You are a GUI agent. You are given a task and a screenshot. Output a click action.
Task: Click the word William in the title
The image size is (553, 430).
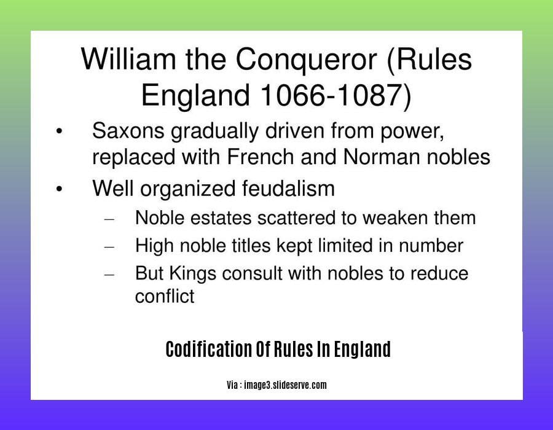[128, 59]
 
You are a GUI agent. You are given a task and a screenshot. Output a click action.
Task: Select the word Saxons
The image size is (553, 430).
[128, 131]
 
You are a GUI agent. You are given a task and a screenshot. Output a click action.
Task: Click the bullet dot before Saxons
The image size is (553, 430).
[59, 131]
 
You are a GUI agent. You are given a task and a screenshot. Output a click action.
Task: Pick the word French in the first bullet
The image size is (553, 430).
[261, 157]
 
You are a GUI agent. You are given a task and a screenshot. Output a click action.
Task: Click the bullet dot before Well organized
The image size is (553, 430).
[59, 189]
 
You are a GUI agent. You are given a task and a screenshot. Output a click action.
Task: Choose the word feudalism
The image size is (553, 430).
[288, 188]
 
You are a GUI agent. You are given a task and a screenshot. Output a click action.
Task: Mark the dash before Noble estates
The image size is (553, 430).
[109, 219]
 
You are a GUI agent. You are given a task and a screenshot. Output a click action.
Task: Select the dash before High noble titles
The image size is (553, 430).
[109, 247]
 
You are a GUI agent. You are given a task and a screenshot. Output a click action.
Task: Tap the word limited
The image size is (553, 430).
[345, 245]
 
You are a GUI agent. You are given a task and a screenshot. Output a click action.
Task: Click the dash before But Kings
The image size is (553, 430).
[109, 274]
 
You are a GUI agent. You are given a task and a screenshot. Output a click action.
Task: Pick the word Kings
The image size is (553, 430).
[192, 274]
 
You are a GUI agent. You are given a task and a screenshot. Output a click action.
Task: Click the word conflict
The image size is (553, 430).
[164, 296]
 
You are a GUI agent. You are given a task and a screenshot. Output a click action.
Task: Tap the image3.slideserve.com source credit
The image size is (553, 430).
[285, 385]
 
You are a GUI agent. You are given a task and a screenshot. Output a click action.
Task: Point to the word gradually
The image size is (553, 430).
[214, 131]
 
